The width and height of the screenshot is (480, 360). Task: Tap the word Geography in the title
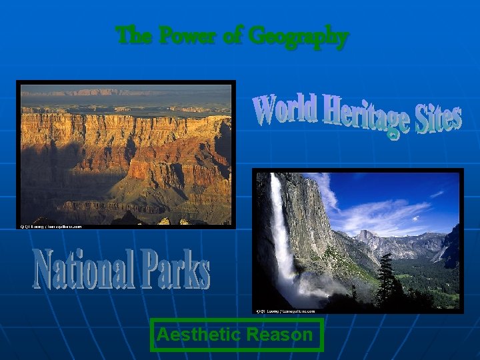pyautogui.click(x=297, y=36)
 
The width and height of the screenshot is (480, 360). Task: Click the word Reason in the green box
pyautogui.click(x=282, y=335)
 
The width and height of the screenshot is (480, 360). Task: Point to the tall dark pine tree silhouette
pyautogui.click(x=387, y=280)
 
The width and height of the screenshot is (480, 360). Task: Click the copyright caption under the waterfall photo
pyautogui.click(x=285, y=310)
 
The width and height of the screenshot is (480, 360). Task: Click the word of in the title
pyautogui.click(x=231, y=35)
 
